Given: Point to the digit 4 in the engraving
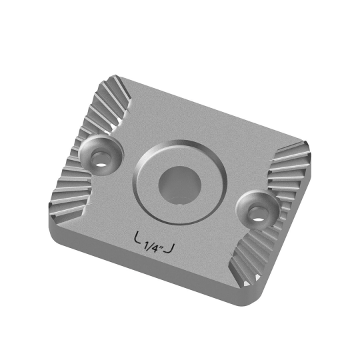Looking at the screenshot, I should coord(155,245).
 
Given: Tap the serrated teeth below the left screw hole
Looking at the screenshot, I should coord(70,190).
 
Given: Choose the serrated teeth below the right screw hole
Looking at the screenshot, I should coord(257,257).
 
